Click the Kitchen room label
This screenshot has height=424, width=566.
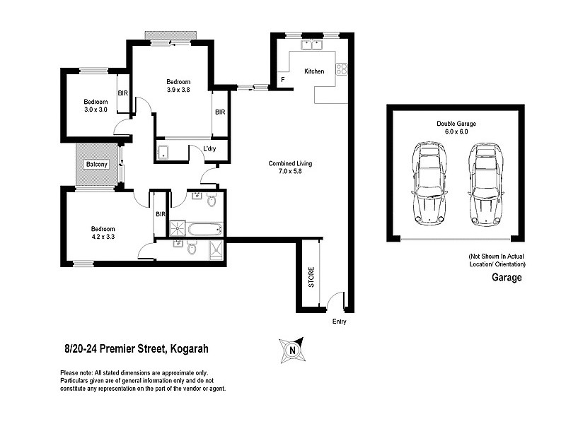pos(314,72)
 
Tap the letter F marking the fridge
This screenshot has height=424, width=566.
pos(283,80)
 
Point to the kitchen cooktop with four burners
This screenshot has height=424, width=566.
pos(341,69)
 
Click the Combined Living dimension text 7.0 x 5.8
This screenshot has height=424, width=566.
pos(289,172)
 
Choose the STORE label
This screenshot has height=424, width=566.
pos(311,276)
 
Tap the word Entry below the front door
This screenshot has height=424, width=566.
pos(340,322)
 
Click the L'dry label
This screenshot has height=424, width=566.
pos(209,148)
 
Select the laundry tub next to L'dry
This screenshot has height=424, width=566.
pos(163,151)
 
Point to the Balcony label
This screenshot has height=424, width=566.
pos(97,165)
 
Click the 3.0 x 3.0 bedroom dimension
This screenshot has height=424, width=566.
pos(96,110)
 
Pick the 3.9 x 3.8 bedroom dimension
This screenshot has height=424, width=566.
pos(178,90)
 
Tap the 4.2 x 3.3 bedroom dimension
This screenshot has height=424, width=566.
pos(103,237)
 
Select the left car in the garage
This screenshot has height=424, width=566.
pos(429,183)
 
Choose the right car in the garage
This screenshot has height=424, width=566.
pos(484,183)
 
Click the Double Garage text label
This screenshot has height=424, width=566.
pos(456,124)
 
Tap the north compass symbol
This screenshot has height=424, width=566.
pos(290,348)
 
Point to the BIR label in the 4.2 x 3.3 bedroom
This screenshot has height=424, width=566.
pos(160,214)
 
